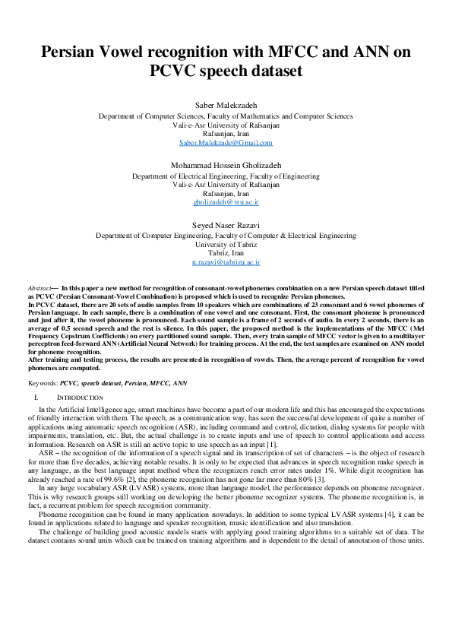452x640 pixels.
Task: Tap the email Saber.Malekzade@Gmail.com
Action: (x=226, y=143)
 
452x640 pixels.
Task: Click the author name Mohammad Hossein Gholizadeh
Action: (x=226, y=163)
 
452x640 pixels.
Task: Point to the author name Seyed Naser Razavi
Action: (x=226, y=224)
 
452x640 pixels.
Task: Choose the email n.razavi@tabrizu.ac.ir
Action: (x=226, y=261)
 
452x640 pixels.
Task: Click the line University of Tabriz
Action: (x=226, y=244)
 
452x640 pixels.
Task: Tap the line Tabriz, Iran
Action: (x=226, y=253)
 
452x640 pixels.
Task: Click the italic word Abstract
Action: (x=39, y=289)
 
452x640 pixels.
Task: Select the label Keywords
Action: (x=43, y=385)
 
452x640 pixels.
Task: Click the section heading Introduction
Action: (x=81, y=398)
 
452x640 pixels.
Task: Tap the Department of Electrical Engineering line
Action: (x=226, y=175)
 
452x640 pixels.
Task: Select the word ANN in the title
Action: (x=375, y=52)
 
